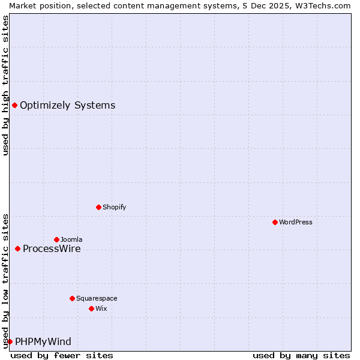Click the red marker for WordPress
tap(275, 222)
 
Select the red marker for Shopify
tap(98, 207)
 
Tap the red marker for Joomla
tap(56, 239)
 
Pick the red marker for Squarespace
tap(72, 298)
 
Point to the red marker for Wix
tap(91, 308)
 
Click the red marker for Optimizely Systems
tap(14, 106)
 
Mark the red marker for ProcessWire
tap(17, 248)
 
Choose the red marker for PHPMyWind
tap(10, 341)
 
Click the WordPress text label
tap(296, 222)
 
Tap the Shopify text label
tap(114, 207)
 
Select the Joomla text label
tap(71, 239)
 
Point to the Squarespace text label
tap(97, 298)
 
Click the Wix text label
tap(101, 308)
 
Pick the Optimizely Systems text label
tap(67, 106)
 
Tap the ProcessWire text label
tap(52, 248)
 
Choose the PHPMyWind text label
tap(43, 341)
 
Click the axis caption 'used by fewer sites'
tap(62, 355)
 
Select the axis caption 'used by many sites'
tap(301, 355)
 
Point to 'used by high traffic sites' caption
tap(5, 86)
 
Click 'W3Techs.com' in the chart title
tap(322, 5)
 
